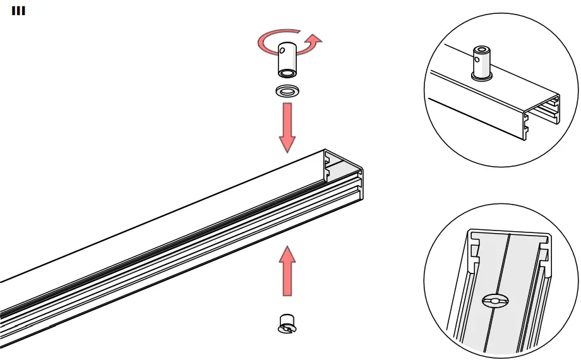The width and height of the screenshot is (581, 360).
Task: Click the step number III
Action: click(x=18, y=11)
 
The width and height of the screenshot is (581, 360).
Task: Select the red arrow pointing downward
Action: click(x=287, y=126)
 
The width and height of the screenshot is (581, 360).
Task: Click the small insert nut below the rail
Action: click(x=287, y=323)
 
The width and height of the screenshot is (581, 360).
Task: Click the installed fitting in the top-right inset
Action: click(x=482, y=63)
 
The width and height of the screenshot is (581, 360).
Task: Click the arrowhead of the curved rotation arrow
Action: click(x=314, y=42)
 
